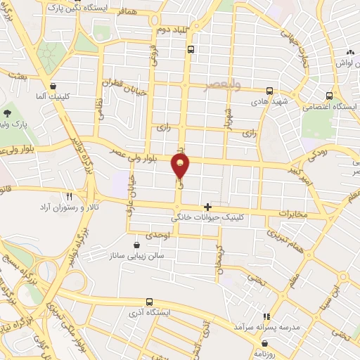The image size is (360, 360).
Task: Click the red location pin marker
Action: click(x=181, y=167)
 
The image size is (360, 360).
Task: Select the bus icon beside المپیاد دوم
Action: click(x=191, y=49)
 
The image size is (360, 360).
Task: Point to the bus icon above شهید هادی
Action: click(x=270, y=91)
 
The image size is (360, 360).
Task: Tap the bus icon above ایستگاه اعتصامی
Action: click(x=329, y=96)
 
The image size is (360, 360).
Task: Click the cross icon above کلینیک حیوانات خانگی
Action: click(x=207, y=207)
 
